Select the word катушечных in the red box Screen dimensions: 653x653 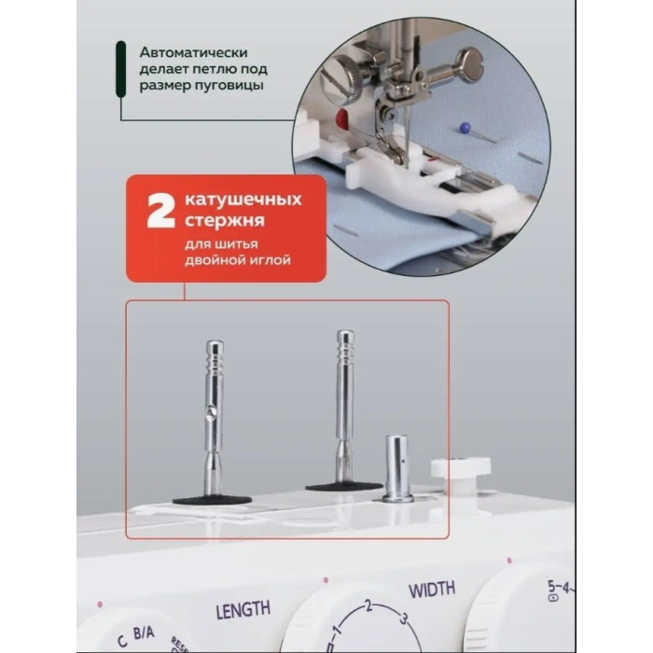[x=243, y=201]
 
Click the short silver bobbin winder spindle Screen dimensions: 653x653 [x=397, y=466]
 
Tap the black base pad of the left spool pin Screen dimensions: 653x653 [x=212, y=499]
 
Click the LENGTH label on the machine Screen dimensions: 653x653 [x=243, y=612]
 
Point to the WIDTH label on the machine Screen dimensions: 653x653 [x=432, y=589]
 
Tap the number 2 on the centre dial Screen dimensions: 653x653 [x=368, y=607]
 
